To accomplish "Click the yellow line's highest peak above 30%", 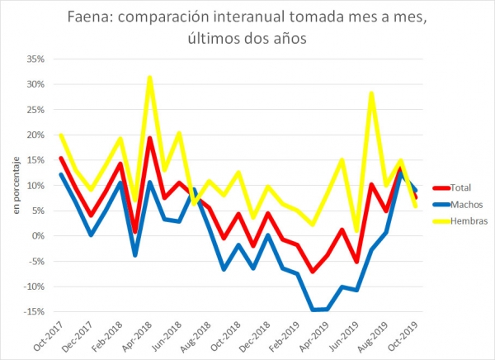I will (149, 78).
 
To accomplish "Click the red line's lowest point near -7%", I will (312, 271).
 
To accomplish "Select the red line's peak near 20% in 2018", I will (149, 138).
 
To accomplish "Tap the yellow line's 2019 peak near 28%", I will (372, 93).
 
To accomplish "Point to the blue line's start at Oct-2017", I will (60, 174).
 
